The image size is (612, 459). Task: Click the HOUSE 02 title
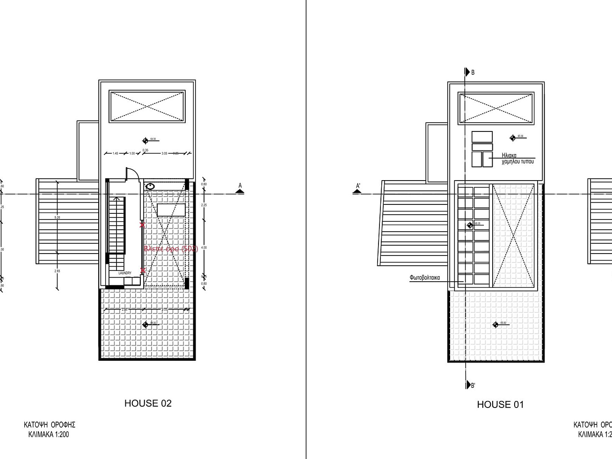pos(148,403)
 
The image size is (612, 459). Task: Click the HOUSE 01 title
pos(500,404)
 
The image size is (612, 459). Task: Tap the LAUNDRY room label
pos(125,273)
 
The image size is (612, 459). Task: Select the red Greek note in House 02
pos(171,249)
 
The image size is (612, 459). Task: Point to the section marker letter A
pos(240,186)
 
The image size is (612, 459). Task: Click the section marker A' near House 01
pos(358,186)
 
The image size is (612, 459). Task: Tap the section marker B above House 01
pos(473,73)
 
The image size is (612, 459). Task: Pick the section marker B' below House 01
pos(473,386)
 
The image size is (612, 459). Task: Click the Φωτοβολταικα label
pos(424,277)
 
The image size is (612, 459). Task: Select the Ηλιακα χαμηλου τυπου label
pos(517,159)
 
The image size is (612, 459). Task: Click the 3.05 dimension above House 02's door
pos(164,153)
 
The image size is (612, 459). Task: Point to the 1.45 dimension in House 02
pos(116,153)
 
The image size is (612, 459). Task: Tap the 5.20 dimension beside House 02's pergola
pos(57,218)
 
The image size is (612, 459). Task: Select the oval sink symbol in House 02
pos(150,187)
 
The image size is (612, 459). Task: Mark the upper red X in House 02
pos(142,225)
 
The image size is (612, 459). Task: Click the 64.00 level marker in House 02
pos(146,140)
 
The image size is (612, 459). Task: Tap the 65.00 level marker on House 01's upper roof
pos(513,138)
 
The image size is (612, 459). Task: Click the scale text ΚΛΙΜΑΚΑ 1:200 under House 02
pos(49,434)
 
